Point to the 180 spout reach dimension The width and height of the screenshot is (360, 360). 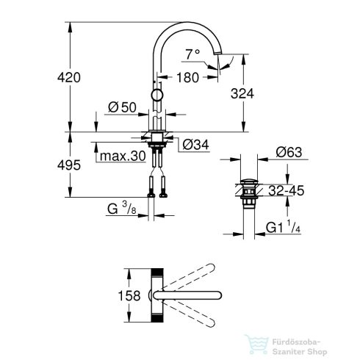point(186,78)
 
